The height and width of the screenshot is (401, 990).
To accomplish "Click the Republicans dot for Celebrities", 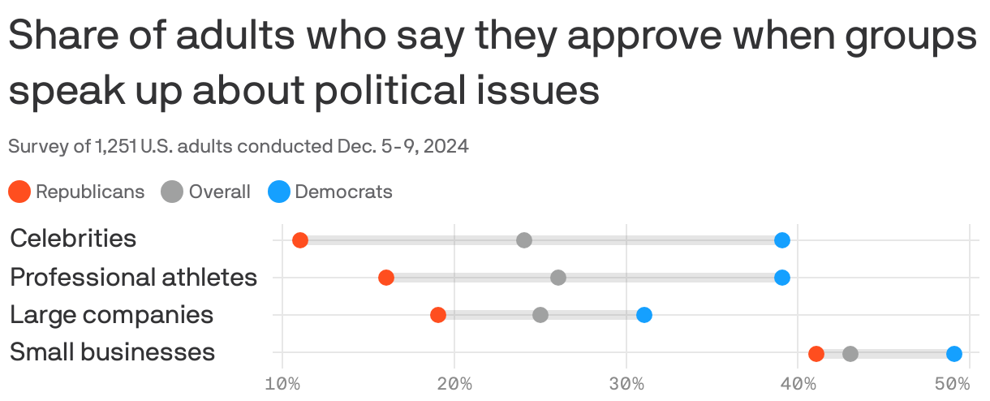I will pyautogui.click(x=299, y=240).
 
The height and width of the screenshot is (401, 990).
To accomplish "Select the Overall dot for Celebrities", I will pyautogui.click(x=523, y=240).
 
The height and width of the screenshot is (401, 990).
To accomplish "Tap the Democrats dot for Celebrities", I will pyautogui.click(x=781, y=240).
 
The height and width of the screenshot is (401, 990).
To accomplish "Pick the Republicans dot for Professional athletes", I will pyautogui.click(x=386, y=278).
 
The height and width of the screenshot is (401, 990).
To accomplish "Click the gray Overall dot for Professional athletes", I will pyautogui.click(x=558, y=278).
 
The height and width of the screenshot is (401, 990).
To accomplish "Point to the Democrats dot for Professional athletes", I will pyautogui.click(x=781, y=278).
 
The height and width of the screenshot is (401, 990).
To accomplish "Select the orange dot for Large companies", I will pyautogui.click(x=437, y=315).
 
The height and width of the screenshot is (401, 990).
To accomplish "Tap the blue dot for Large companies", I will pyautogui.click(x=644, y=315).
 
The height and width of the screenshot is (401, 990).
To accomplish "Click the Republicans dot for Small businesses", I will pyautogui.click(x=816, y=354).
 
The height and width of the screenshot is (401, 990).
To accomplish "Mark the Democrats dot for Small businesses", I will pyautogui.click(x=953, y=354).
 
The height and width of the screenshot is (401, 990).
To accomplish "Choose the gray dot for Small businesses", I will pyautogui.click(x=850, y=354).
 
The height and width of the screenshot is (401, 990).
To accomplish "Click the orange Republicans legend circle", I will pyautogui.click(x=19, y=192).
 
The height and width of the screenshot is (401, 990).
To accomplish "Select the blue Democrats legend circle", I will pyautogui.click(x=279, y=192).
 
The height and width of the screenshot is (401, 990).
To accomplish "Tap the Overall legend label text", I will pyautogui.click(x=219, y=192).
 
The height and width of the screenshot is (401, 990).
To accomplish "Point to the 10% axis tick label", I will pyautogui.click(x=282, y=383).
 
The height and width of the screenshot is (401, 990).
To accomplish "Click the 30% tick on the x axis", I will pyautogui.click(x=626, y=383).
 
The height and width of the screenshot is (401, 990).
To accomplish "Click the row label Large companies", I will pyautogui.click(x=111, y=315).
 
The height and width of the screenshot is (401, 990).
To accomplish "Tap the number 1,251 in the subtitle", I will pyautogui.click(x=116, y=147).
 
